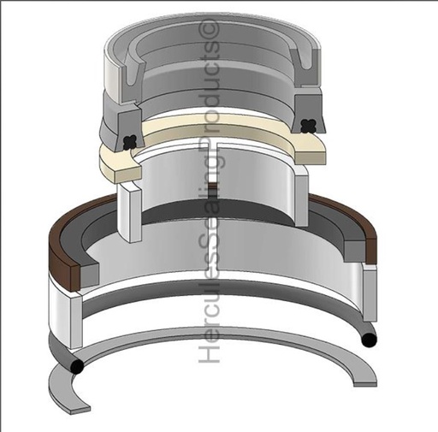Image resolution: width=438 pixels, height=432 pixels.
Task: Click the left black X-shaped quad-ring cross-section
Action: (130, 142)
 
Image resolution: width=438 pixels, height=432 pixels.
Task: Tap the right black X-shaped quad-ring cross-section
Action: (309, 126)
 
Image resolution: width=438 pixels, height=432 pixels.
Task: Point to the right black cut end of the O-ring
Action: (369, 340)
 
